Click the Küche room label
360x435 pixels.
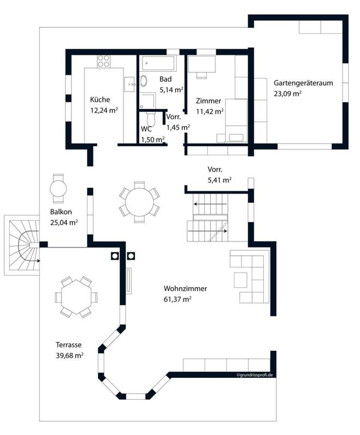[100, 100]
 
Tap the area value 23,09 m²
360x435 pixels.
[288, 94]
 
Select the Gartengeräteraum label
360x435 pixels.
[303, 83]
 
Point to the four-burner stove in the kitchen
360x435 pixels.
[103, 61]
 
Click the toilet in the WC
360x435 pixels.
[151, 119]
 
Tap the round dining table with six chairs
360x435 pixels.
[139, 202]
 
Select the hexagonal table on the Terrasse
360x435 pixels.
[76, 297]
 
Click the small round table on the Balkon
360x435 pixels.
[58, 188]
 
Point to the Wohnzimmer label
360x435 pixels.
[185, 289]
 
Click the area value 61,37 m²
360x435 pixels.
[177, 300]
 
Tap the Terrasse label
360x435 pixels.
[69, 345]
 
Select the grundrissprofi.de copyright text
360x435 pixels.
[255, 375]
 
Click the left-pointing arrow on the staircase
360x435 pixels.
[210, 204]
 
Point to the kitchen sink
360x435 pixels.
[129, 84]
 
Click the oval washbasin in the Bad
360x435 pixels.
[144, 80]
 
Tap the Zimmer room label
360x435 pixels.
[209, 101]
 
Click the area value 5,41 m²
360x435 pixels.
[220, 180]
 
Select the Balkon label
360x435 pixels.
[61, 212]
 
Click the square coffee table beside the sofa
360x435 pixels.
[240, 280]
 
